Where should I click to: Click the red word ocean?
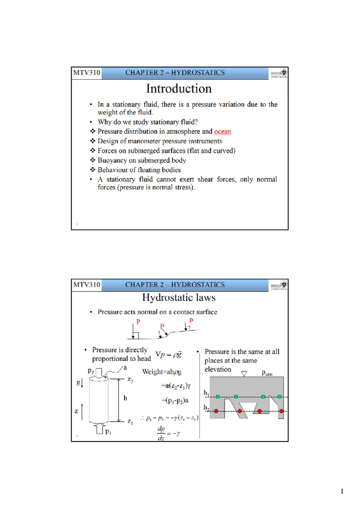coord(222,131)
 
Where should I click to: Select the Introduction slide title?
coord(179,89)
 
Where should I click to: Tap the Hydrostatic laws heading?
coord(179,297)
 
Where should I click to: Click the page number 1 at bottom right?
coord(342,491)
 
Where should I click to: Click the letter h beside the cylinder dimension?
coord(125,398)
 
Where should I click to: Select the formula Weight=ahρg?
coord(162,372)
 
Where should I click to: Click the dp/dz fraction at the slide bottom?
coord(161,433)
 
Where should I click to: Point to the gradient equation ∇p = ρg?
coord(169,354)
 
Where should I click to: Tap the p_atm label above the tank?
coord(267,373)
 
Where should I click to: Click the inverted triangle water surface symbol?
coord(244,374)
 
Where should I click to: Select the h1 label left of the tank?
coord(206,393)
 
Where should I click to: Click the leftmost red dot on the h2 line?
coord(216,411)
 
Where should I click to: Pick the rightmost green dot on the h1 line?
coord(280,397)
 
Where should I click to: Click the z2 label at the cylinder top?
coord(130,380)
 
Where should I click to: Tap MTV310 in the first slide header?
coord(86,73)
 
